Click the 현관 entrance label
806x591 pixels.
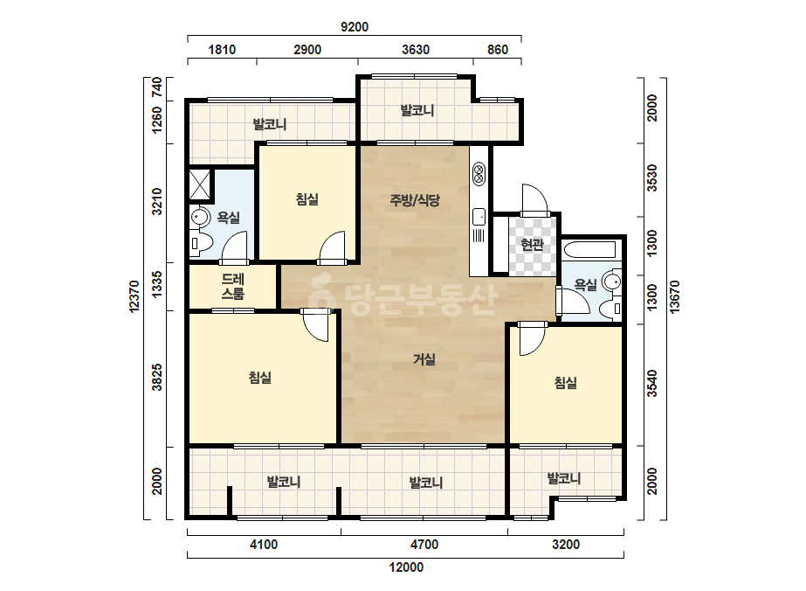point(532,244)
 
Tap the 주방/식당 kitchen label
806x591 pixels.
point(415,199)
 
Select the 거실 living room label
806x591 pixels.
point(424,358)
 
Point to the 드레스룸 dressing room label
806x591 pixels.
point(233,287)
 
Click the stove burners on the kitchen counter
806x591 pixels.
point(479,173)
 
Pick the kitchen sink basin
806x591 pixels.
point(479,217)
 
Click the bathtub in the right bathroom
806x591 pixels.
point(589,250)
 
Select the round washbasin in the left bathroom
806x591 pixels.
point(199,217)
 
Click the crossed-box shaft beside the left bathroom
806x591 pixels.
point(200,184)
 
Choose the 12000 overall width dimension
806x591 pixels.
point(406,567)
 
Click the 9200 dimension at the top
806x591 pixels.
point(355,27)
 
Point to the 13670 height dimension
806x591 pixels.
point(674,296)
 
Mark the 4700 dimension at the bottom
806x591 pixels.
point(424,544)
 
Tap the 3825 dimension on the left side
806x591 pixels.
point(157,378)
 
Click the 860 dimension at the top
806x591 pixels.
point(498,50)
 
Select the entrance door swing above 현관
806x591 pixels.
point(534,198)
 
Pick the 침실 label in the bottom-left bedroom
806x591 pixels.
point(260,378)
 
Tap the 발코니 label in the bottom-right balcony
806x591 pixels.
point(564,478)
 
